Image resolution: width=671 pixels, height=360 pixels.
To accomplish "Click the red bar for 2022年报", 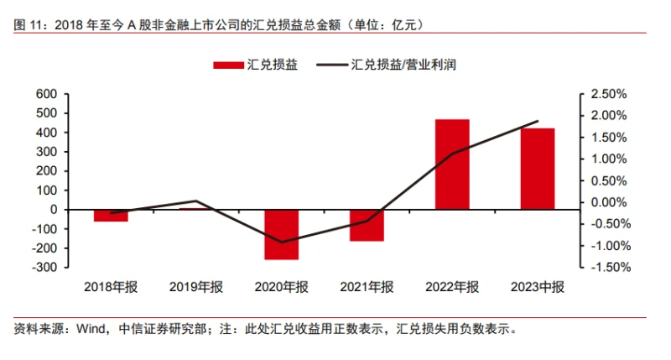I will (452, 164).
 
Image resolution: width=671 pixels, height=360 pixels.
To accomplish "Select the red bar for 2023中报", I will (538, 169).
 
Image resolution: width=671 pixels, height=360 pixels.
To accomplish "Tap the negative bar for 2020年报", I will (282, 234).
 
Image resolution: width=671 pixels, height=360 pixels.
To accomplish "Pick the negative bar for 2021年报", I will (367, 225).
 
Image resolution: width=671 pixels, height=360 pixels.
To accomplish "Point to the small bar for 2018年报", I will (112, 215).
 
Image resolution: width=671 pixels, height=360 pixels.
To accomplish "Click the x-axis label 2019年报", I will (196, 287).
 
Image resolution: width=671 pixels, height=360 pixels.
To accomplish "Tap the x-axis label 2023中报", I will (538, 287).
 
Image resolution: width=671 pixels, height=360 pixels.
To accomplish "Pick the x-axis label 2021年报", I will (367, 287).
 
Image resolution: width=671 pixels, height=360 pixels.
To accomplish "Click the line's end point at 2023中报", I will (538, 122).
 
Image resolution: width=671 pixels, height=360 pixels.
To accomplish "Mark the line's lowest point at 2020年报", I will (282, 243).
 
